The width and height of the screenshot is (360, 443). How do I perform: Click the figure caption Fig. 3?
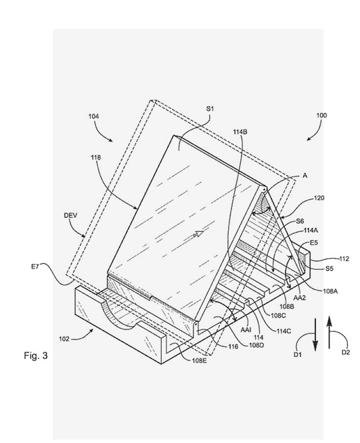click(x=36, y=355)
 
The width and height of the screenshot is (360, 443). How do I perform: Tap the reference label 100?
click(x=321, y=115)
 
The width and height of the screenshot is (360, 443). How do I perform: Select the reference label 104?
click(x=93, y=116)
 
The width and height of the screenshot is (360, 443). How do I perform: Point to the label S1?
click(x=210, y=109)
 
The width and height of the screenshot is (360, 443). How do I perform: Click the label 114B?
click(x=240, y=132)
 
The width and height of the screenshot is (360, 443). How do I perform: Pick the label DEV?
click(x=70, y=216)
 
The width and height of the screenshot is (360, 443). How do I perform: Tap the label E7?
click(x=35, y=266)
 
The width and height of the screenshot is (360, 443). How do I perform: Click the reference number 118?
click(x=96, y=158)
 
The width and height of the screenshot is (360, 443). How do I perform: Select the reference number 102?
click(x=64, y=339)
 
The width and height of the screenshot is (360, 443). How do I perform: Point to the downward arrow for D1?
click(x=315, y=334)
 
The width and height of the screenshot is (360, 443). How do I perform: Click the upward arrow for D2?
click(x=329, y=332)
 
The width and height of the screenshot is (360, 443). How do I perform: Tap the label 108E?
click(x=199, y=360)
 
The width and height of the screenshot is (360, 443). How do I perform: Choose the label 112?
click(x=344, y=259)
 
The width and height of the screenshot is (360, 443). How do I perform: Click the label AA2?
click(x=300, y=297)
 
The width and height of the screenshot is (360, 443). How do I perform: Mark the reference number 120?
click(x=319, y=198)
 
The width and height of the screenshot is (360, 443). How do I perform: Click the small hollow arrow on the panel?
click(x=198, y=233)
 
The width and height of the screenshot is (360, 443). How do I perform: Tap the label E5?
click(x=314, y=242)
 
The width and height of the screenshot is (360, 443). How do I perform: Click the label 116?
click(x=233, y=347)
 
